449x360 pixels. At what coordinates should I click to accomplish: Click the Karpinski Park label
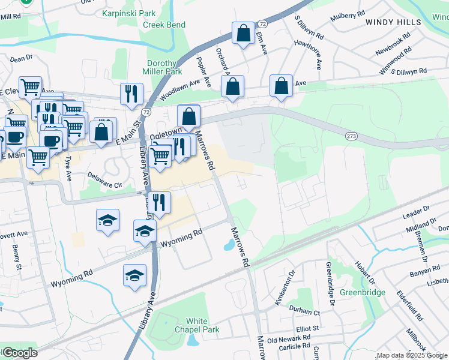coord(129,13)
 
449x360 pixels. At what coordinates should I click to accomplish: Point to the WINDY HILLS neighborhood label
coord(393,22)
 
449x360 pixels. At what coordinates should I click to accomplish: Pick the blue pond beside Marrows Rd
coord(228,245)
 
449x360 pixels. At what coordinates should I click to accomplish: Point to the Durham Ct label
coord(305,312)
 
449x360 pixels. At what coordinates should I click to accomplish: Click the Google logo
coord(20,353)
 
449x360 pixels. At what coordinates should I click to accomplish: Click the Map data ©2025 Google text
coord(411,355)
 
